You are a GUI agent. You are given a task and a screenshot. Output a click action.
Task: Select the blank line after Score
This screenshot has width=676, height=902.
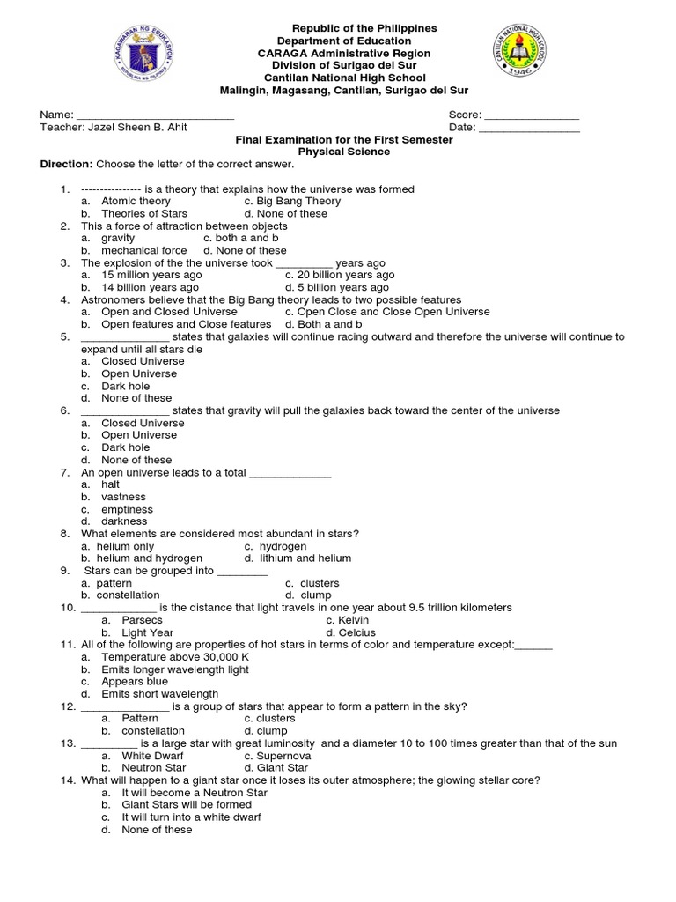point(531,115)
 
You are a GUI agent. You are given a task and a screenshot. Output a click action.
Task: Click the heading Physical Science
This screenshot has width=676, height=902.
point(343,152)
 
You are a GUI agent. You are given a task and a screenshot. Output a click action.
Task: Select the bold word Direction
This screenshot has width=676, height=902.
point(66,164)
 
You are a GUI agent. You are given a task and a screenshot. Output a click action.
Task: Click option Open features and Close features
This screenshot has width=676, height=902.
point(173,324)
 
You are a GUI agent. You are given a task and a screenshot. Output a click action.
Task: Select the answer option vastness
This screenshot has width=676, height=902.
point(123,497)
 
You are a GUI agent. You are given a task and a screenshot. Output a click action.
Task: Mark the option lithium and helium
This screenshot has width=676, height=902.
point(305,558)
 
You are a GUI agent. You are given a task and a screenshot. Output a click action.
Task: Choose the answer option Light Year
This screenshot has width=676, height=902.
point(147,632)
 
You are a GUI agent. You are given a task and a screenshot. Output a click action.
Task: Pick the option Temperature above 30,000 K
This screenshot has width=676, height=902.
point(175,657)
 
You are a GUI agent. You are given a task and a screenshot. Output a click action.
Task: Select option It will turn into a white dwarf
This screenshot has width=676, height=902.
point(191,817)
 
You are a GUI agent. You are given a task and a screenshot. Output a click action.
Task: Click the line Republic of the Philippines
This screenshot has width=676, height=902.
point(357,28)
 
